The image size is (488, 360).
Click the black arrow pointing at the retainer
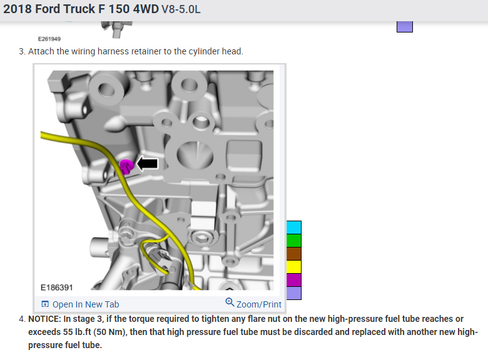[x=148, y=164]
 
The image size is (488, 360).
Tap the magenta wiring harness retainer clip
[x=126, y=167]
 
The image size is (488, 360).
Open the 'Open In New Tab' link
[x=86, y=304]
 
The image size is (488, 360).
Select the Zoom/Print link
[x=258, y=304]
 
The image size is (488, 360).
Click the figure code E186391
[x=57, y=287]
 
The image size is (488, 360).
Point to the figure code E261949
[x=49, y=39]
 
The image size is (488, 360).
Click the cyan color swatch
[x=294, y=227]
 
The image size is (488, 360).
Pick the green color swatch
[x=294, y=241]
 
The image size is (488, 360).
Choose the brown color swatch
[x=294, y=254]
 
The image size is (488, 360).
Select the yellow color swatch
[x=294, y=267]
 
